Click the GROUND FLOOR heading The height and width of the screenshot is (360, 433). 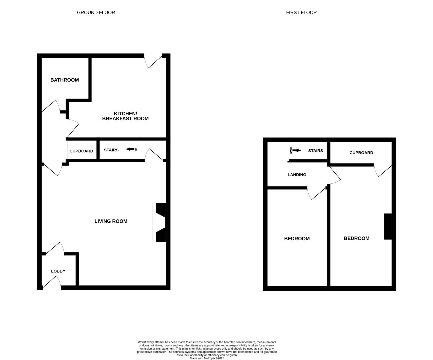[x=96, y=13]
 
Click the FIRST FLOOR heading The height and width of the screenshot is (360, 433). [x=301, y=13]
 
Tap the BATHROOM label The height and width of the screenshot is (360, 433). [x=65, y=80]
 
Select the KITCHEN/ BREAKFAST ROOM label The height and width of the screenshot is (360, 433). [x=125, y=116]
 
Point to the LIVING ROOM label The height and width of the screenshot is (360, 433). [x=111, y=221]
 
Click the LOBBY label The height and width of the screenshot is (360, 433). [x=58, y=271]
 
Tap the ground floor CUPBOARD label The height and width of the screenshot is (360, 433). [x=81, y=151]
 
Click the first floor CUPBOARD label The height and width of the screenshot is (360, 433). [x=361, y=153]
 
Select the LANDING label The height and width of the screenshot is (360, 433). [x=297, y=175]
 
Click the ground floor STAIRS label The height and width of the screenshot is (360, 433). [x=111, y=150]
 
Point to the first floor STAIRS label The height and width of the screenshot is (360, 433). [x=315, y=151]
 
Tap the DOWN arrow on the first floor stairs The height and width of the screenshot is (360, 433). [x=296, y=150]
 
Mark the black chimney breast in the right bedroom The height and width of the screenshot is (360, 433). [x=387, y=226]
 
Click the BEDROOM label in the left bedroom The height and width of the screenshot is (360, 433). [x=297, y=239]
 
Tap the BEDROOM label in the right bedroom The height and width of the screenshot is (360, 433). [x=356, y=238]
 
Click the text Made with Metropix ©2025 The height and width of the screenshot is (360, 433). [x=207, y=358]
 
